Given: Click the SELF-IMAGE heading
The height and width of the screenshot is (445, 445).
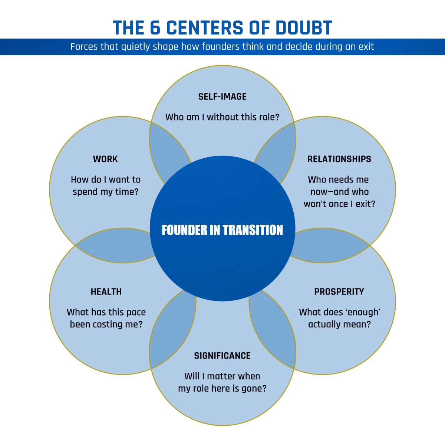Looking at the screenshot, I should [222, 97].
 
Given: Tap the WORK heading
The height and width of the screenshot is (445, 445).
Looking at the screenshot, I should [105, 159].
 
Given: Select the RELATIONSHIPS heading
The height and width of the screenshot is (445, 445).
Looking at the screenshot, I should [339, 159].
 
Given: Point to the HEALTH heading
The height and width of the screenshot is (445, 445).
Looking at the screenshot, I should [106, 292].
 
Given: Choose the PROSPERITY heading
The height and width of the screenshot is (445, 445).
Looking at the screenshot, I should [339, 292].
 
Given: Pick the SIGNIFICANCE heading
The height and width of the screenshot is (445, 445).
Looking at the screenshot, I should [222, 356].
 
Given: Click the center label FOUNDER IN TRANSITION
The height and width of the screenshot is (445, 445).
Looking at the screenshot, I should [222, 230].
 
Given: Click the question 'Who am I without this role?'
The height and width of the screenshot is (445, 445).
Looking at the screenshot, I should [222, 117].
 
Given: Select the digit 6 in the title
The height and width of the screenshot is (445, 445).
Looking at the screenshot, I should [155, 28].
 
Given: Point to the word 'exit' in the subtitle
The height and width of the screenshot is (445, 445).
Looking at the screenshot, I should [366, 47].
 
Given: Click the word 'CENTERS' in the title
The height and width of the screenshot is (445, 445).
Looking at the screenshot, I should [204, 28].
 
